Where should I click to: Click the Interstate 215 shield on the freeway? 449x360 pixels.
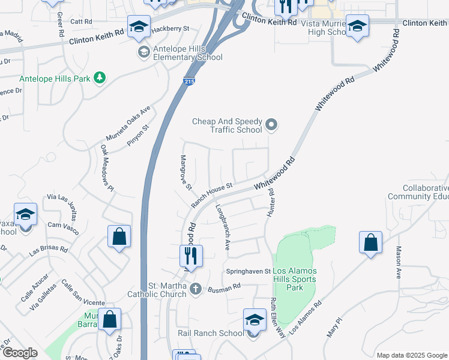pyautogui.click(x=189, y=81)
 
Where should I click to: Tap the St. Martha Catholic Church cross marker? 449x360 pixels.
pyautogui.click(x=194, y=290)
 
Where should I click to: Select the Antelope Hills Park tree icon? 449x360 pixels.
pyautogui.click(x=100, y=78)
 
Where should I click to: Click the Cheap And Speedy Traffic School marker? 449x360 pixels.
pyautogui.click(x=272, y=125)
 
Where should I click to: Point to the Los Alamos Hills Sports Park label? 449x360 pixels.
pyautogui.click(x=295, y=279)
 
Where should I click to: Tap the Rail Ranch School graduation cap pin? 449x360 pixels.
pyautogui.click(x=255, y=321)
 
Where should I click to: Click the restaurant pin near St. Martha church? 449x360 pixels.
pyautogui.click(x=191, y=256)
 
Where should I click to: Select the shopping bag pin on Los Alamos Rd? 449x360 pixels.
pyautogui.click(x=371, y=243)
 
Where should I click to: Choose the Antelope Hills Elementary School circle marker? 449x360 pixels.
pyautogui.click(x=143, y=53)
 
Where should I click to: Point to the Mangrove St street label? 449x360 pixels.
pyautogui.click(x=185, y=172)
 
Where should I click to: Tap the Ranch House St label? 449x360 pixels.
pyautogui.click(x=212, y=195)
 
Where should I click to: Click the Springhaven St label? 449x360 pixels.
pyautogui.click(x=249, y=272)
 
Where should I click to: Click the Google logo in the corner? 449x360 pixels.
pyautogui.click(x=20, y=353)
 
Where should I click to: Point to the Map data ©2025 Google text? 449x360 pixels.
pyautogui.click(x=411, y=355)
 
